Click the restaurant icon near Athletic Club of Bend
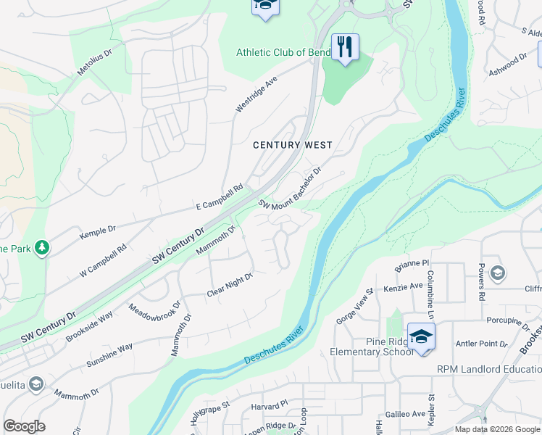click(346, 47)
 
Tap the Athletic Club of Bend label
click(283, 52)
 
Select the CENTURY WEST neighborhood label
click(292, 145)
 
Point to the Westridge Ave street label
click(257, 95)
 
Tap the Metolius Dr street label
click(96, 63)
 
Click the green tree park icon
click(43, 249)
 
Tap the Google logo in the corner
click(25, 426)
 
